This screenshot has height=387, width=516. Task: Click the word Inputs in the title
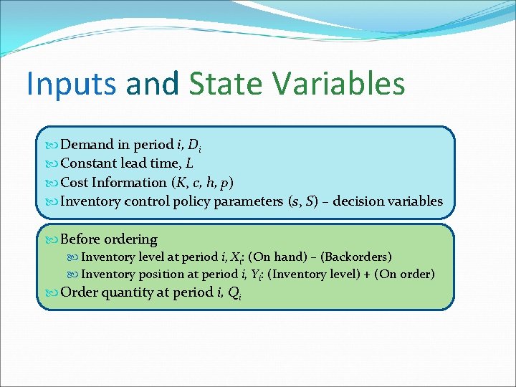click(70, 83)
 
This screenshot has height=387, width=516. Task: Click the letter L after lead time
click(189, 164)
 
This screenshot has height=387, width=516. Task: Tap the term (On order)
click(404, 274)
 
